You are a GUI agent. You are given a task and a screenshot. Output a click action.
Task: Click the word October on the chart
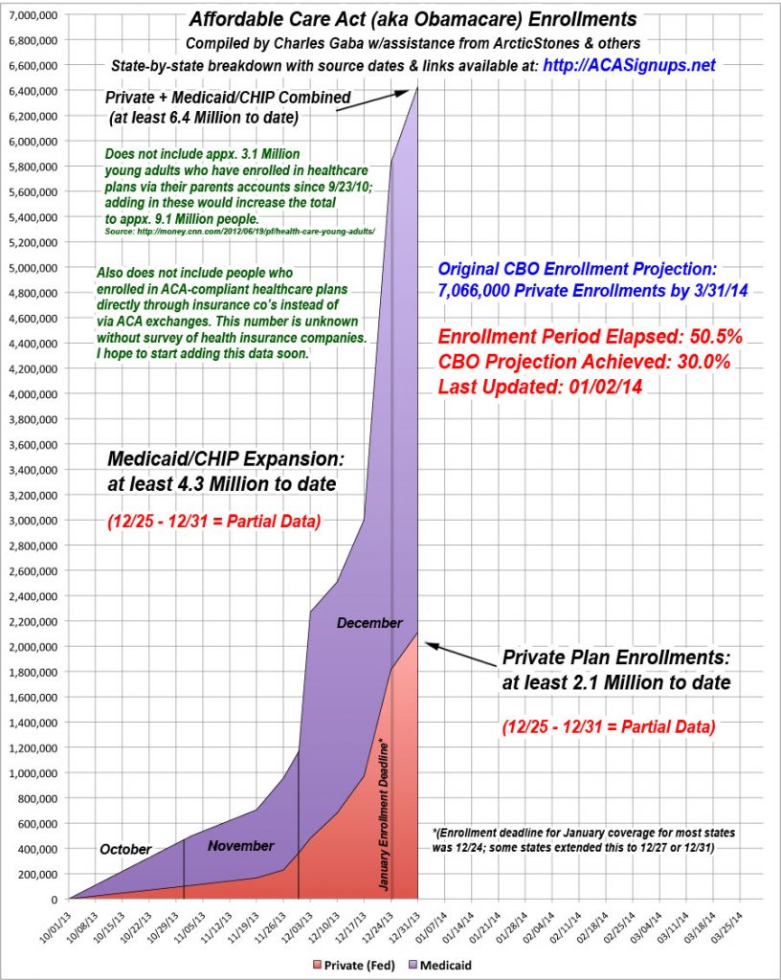point(125,849)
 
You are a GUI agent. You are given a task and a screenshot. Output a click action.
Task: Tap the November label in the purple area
point(241,846)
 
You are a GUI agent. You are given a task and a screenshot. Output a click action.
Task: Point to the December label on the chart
point(369,623)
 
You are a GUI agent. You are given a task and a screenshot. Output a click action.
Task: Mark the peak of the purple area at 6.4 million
point(417,89)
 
